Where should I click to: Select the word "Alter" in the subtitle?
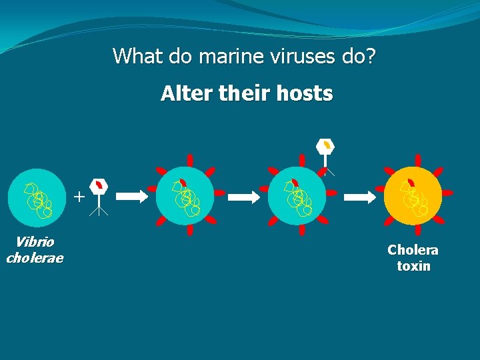pyautogui.click(x=178, y=94)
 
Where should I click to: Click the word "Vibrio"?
pyautogui.click(x=34, y=242)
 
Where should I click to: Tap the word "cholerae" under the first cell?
pyautogui.click(x=34, y=257)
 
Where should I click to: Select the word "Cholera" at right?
pyautogui.click(x=413, y=250)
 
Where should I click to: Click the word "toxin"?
pyautogui.click(x=413, y=266)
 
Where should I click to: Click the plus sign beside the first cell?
pyautogui.click(x=79, y=197)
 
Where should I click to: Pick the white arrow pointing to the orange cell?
pyautogui.click(x=359, y=197)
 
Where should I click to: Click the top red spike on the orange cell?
pyautogui.click(x=417, y=160)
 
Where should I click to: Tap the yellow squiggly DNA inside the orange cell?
pyautogui.click(x=413, y=200)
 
